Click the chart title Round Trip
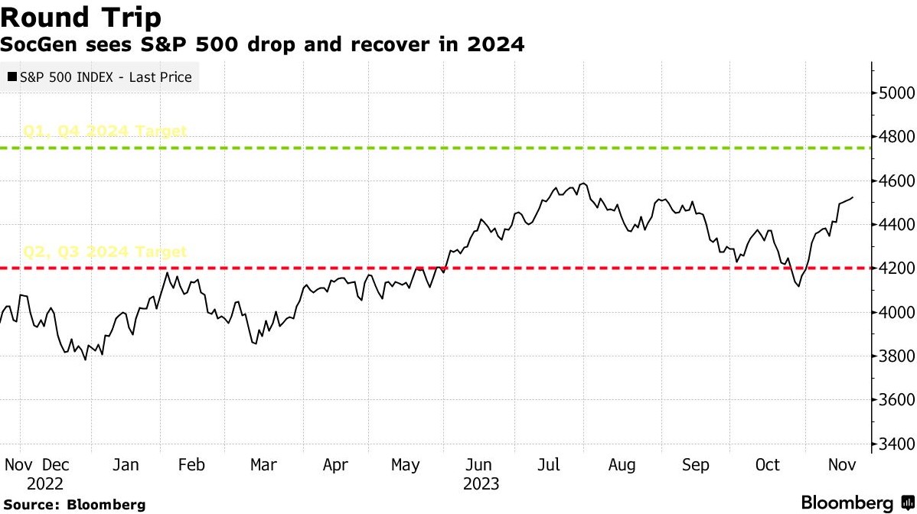click(80, 17)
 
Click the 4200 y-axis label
click(894, 268)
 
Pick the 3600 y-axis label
click(894, 400)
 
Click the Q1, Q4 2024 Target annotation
click(106, 131)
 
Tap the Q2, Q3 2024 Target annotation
click(106, 252)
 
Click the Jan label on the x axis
click(126, 465)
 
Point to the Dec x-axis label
click(56, 465)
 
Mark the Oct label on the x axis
click(768, 465)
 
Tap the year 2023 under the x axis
click(481, 483)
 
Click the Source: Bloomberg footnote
click(73, 505)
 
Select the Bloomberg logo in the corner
click(854, 503)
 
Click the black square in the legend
click(11, 77)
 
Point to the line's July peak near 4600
click(583, 184)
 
